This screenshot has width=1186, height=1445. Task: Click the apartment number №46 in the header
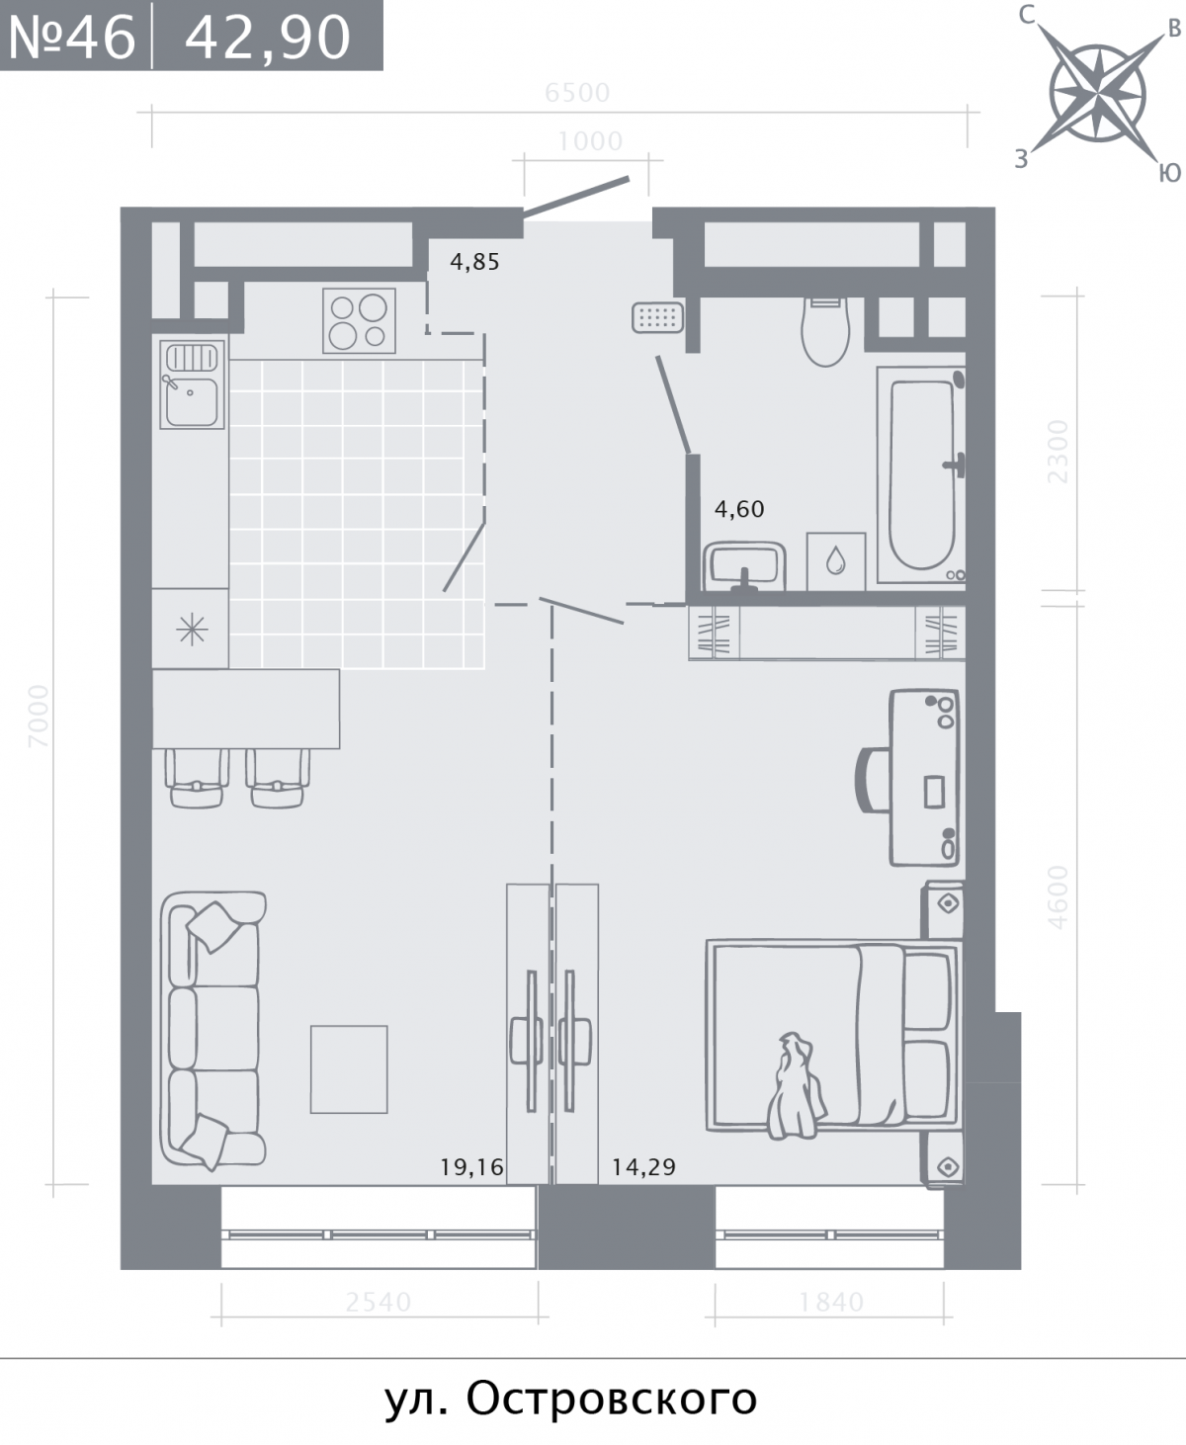click(72, 37)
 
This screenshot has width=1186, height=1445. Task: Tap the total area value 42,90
click(268, 38)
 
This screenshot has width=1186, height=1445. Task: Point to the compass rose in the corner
click(1098, 93)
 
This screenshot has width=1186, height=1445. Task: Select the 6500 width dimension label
click(577, 93)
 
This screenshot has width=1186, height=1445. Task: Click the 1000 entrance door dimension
click(591, 141)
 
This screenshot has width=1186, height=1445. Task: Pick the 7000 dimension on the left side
click(39, 717)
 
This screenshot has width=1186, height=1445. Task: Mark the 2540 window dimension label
click(379, 1302)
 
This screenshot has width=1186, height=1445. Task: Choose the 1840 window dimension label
click(831, 1302)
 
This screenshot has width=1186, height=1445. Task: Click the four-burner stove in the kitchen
click(359, 320)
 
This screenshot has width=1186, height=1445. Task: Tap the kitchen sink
click(192, 384)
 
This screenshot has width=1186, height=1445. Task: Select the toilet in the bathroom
click(825, 332)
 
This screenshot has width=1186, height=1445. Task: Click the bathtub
click(921, 477)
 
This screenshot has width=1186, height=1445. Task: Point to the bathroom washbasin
click(745, 566)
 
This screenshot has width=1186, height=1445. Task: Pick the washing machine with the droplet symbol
click(836, 561)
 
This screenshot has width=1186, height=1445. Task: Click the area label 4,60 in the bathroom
click(739, 509)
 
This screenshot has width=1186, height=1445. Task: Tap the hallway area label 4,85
click(474, 262)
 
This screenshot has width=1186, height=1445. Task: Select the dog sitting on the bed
click(796, 1085)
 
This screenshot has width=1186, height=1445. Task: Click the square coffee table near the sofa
click(349, 1069)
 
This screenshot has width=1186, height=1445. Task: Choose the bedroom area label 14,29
click(643, 1167)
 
